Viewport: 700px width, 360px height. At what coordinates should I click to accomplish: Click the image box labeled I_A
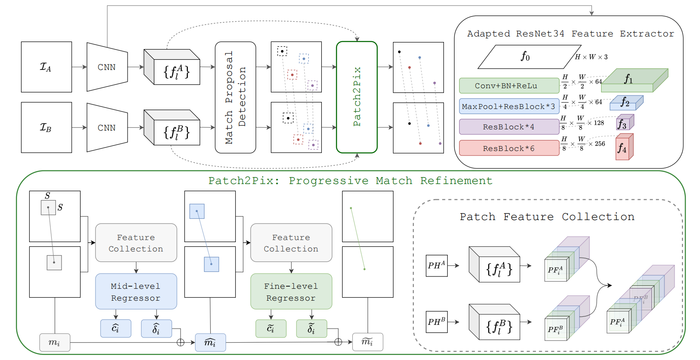(x=46, y=67)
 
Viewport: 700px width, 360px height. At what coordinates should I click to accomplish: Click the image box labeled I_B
(x=46, y=127)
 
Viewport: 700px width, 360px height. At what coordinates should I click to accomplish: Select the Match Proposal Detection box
(x=235, y=97)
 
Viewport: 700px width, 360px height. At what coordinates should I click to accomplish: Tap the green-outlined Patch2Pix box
(x=357, y=97)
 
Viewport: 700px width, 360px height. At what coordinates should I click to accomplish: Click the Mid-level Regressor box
(x=136, y=291)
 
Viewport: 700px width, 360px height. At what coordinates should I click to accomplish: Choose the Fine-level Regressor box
(x=291, y=291)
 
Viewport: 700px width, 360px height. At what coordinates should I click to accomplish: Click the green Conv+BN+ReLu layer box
(x=509, y=86)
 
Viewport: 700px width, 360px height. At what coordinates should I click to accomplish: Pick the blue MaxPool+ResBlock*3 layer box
(x=509, y=106)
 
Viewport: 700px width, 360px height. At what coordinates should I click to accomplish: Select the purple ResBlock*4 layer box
(x=509, y=127)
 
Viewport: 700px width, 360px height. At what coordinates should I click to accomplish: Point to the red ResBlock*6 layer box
(x=509, y=148)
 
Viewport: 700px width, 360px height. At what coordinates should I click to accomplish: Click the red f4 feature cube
(x=624, y=148)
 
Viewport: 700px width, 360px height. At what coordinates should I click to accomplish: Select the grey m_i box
(x=55, y=343)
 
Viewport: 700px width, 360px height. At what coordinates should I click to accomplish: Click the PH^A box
(x=436, y=265)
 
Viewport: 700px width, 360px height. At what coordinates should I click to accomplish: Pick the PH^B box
(x=436, y=322)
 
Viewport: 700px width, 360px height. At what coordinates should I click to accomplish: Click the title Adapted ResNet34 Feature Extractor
(x=570, y=34)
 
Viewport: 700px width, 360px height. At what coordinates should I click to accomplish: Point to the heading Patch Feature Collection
(x=547, y=217)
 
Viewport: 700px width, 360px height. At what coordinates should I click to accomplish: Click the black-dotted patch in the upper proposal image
(x=282, y=51)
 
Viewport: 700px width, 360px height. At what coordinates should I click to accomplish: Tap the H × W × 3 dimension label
(x=591, y=57)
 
